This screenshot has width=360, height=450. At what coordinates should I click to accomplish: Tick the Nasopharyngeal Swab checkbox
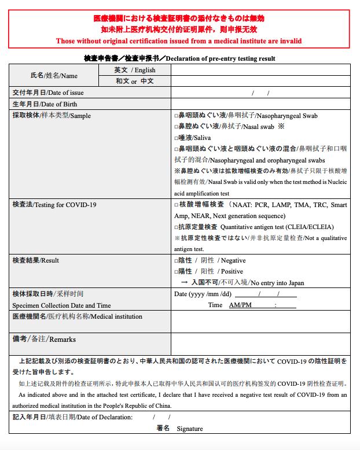click(x=177, y=116)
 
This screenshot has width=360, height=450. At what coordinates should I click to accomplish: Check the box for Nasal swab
click(x=177, y=126)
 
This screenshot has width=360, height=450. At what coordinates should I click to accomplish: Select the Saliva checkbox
click(x=177, y=138)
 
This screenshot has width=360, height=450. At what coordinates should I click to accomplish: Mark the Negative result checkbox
click(x=177, y=261)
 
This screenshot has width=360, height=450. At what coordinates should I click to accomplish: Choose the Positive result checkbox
click(x=177, y=272)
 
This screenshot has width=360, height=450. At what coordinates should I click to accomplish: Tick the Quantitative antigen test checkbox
click(x=177, y=227)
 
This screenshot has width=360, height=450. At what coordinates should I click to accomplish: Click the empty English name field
click(x=260, y=70)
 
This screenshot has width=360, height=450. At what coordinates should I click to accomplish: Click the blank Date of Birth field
click(x=260, y=104)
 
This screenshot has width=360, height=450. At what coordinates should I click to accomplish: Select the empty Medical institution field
click(x=260, y=322)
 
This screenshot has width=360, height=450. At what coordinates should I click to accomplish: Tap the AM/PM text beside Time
click(x=240, y=305)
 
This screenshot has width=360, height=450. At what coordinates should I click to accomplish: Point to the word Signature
click(x=190, y=429)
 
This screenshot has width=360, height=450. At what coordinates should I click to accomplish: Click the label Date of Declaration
click(x=104, y=417)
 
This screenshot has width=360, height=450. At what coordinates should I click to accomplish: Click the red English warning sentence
click(x=179, y=40)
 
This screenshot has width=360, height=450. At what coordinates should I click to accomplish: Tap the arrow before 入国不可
click(x=184, y=283)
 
